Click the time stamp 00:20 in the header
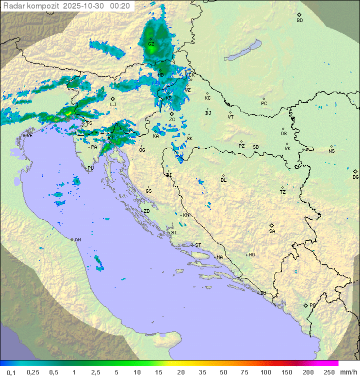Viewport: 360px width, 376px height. (x=120, y=6)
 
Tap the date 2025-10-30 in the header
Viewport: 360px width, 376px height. (x=85, y=6)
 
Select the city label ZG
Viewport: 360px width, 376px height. (x=172, y=119)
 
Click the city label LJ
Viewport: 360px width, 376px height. (x=113, y=104)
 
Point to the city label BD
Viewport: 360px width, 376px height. (x=299, y=20)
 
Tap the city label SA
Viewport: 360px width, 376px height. (x=272, y=231)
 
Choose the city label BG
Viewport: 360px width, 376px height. (x=355, y=177)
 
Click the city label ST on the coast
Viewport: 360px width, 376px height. (x=198, y=245)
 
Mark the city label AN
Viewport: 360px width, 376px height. (x=77, y=240)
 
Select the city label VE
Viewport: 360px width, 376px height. (x=29, y=136)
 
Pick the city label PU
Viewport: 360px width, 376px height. (x=90, y=168)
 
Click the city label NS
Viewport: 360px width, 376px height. (x=331, y=151)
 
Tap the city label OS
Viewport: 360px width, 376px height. (x=283, y=134)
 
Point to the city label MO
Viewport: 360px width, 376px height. (x=251, y=254)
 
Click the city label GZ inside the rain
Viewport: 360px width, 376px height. (x=151, y=44)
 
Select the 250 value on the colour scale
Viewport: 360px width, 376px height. (x=329, y=372)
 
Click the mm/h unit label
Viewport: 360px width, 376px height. (x=347, y=372)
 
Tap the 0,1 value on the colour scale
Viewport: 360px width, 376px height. (x=11, y=372)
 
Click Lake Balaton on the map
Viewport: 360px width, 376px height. (x=242, y=50)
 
